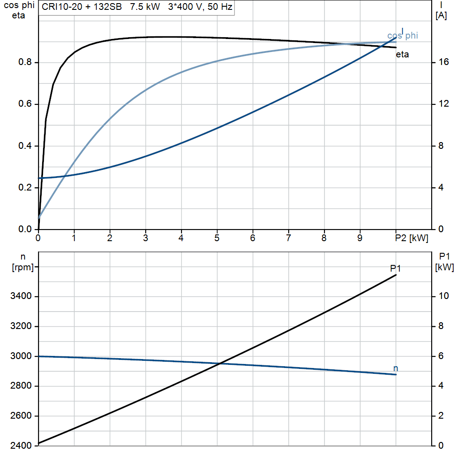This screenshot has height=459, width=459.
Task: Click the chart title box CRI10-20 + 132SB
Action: pos(137,8)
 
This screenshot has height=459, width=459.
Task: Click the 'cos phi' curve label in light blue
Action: pos(402,36)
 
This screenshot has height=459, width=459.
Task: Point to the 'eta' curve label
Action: pos(402,55)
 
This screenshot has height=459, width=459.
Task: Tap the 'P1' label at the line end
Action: pos(395,268)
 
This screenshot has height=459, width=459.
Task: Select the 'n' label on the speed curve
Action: pos(395,368)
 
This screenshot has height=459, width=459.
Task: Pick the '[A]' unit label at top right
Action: pos(441,16)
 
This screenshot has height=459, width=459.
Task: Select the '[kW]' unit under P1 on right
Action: pos(444,267)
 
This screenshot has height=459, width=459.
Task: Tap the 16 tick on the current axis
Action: pos(444,62)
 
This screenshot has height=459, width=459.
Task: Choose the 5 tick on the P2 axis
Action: pos(217,238)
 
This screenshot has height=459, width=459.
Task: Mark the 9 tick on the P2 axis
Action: pos(360,238)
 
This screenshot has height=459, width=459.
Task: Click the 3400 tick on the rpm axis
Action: pos(22,296)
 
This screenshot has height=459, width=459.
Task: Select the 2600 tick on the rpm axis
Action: pos(22,416)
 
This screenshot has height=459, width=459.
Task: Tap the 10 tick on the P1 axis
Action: pos(444,296)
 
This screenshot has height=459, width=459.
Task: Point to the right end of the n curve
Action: pos(396,374)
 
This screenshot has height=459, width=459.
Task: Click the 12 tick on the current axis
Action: pos(444,104)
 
